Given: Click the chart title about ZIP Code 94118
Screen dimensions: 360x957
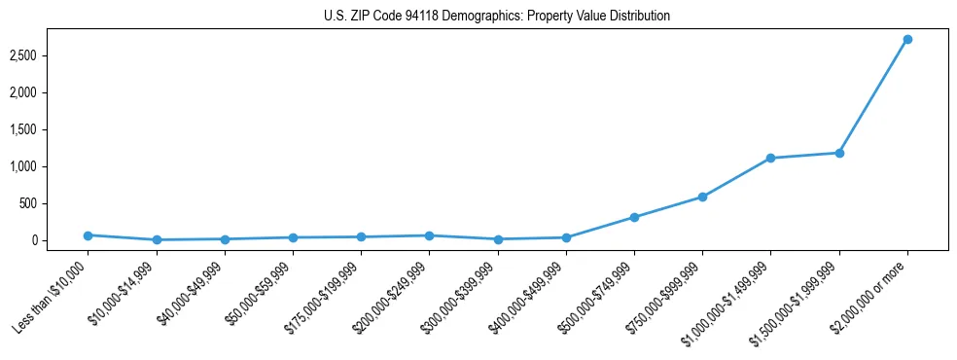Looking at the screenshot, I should tap(497, 17).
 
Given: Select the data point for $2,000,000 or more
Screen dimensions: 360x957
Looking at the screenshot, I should tap(907, 39).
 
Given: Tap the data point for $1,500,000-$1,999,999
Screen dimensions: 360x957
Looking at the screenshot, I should tap(839, 153).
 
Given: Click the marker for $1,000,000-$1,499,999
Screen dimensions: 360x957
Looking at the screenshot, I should tap(770, 158).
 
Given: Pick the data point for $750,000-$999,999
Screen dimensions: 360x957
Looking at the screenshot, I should tap(702, 197).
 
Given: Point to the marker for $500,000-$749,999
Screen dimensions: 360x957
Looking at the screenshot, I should tap(634, 217).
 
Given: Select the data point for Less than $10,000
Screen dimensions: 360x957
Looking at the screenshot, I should tap(88, 235).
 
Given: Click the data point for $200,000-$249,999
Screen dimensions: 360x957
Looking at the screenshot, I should tap(429, 235).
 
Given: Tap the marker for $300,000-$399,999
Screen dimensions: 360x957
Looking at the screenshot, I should tap(498, 239).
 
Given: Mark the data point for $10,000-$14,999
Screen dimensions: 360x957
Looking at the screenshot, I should tap(157, 239).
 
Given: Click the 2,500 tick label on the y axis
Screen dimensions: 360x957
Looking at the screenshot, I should tap(49, 55).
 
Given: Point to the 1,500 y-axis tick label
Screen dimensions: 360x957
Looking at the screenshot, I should tap(49, 129).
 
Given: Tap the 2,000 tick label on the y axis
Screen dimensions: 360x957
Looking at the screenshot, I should tap(49, 92).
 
